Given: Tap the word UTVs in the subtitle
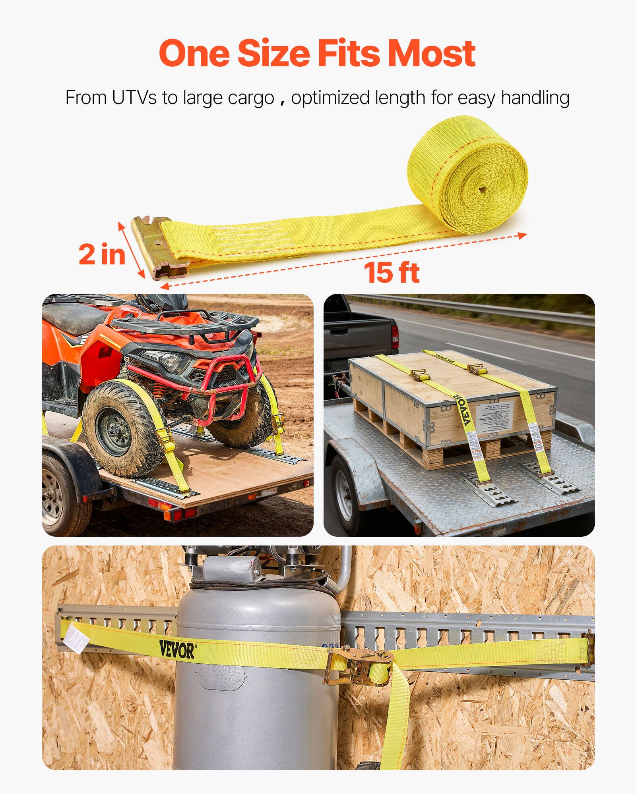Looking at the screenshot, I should coord(134,98).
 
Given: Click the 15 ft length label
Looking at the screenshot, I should coord(392,273).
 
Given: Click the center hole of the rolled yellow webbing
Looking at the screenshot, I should coord(482,190).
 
